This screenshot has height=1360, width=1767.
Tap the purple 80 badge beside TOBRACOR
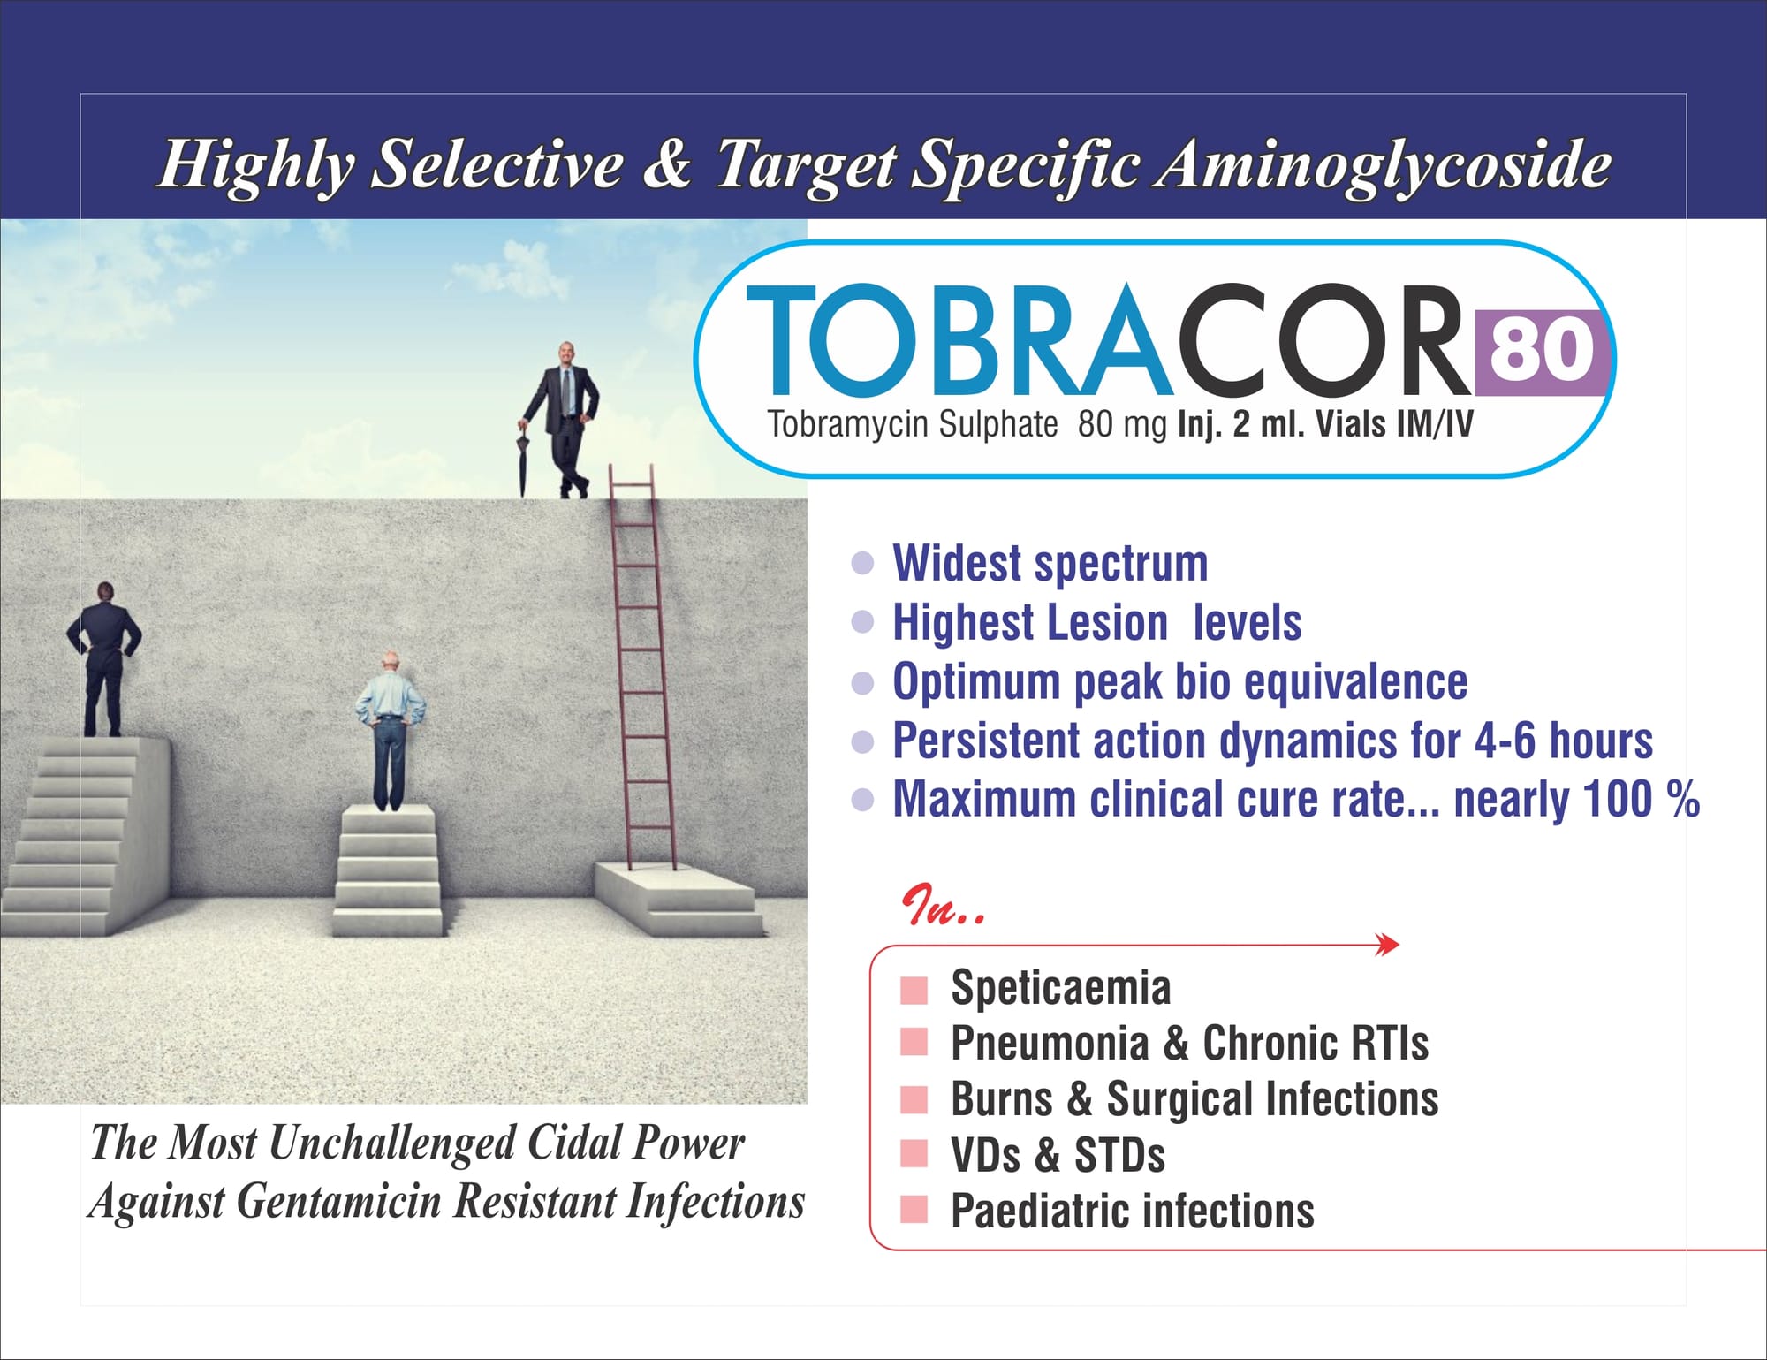click(x=1542, y=352)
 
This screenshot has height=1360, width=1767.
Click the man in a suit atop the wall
click(x=564, y=420)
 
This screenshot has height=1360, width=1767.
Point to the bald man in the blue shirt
click(x=390, y=731)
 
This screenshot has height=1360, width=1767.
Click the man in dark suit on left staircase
click(x=104, y=658)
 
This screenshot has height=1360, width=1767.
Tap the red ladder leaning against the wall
click(x=642, y=668)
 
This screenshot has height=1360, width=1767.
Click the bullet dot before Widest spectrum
click(x=862, y=564)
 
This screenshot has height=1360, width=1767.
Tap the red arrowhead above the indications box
click(x=1388, y=946)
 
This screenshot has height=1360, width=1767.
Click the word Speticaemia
click(x=1060, y=988)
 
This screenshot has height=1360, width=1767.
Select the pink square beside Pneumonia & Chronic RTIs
click(x=914, y=1042)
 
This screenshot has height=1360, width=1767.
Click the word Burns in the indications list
click(x=1002, y=1099)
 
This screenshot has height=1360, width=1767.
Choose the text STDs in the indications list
click(x=1119, y=1155)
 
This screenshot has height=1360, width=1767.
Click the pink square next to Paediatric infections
click(x=914, y=1209)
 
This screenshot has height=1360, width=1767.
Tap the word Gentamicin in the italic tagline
click(x=339, y=1202)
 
